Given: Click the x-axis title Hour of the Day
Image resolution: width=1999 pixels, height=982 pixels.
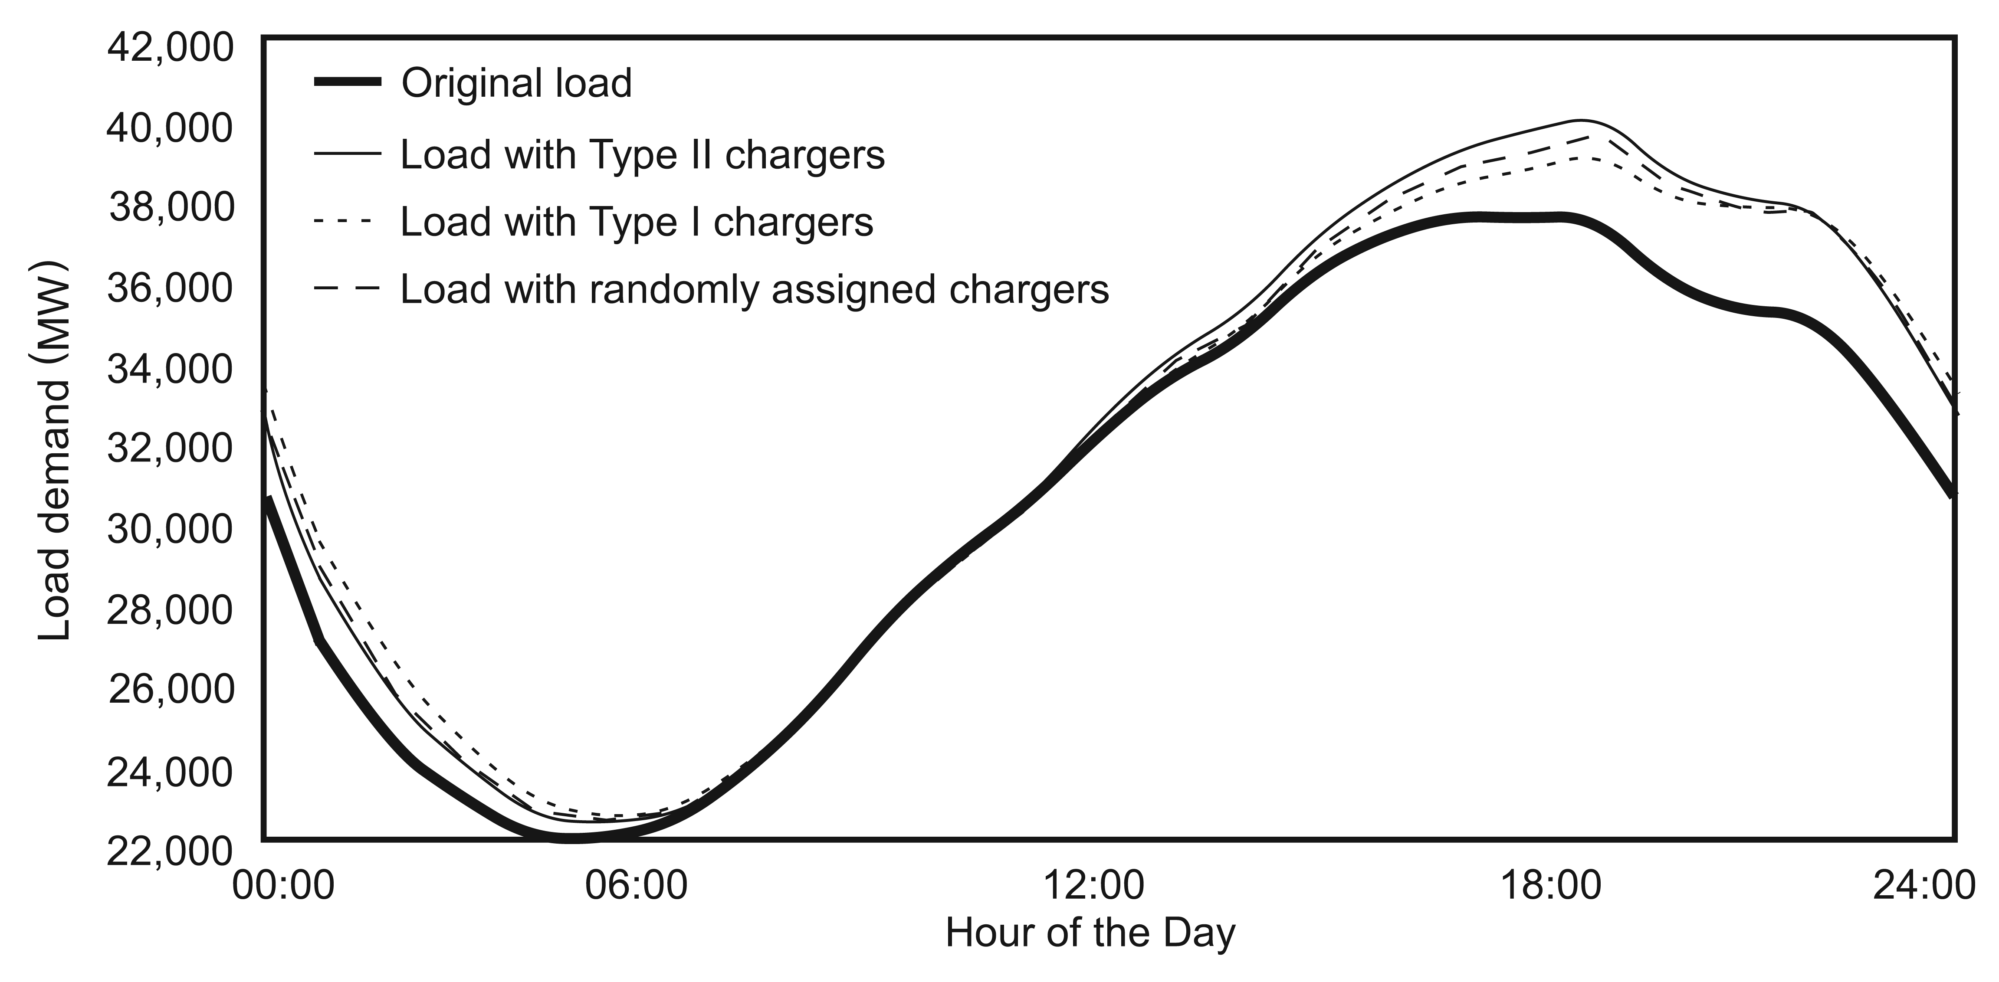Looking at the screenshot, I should (x=1090, y=933).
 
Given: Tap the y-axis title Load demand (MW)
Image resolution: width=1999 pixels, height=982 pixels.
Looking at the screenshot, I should (x=54, y=450).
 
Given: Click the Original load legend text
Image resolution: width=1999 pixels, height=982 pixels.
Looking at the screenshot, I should (x=516, y=83).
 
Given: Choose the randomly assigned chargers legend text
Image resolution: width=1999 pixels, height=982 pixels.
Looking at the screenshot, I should (x=754, y=289).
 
